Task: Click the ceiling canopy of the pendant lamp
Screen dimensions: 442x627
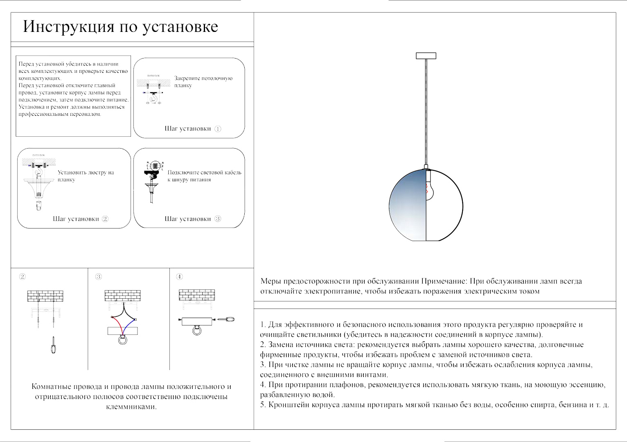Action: [x=426, y=56]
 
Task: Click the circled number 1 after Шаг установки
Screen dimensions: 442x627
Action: [x=218, y=129]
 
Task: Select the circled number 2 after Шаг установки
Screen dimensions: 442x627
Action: [x=105, y=219]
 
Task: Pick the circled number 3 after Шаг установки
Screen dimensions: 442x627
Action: [x=218, y=219]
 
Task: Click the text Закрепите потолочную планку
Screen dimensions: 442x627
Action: [x=203, y=81]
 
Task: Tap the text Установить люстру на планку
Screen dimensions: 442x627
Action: [x=86, y=176]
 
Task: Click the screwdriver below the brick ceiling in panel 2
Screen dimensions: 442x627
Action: [x=53, y=345]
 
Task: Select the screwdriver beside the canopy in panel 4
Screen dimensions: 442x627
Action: [x=226, y=319]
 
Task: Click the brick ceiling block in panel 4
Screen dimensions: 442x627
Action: [x=197, y=295]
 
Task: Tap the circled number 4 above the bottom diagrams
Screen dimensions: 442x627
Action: [x=179, y=277]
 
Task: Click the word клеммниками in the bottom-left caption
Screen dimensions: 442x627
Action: [x=131, y=407]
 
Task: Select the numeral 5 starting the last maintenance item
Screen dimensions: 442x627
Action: [x=262, y=405]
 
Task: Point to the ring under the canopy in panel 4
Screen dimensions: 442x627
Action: [x=197, y=330]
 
